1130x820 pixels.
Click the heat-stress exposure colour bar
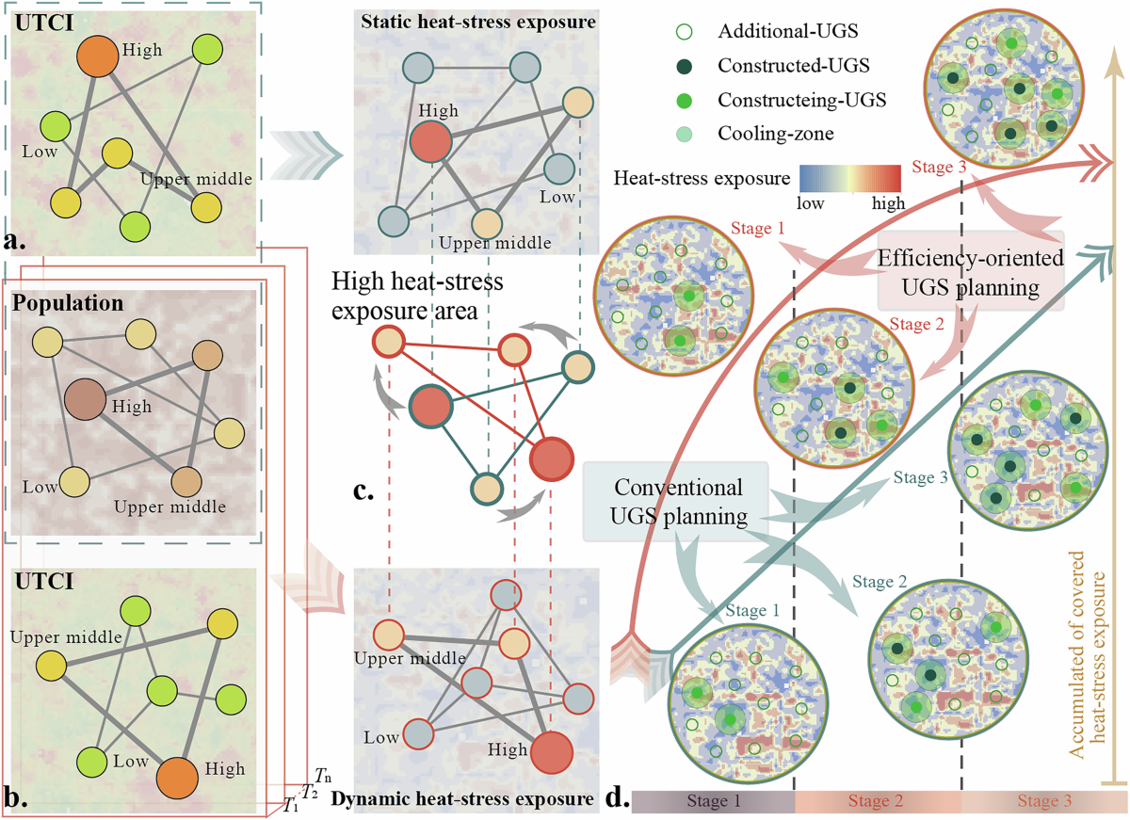[852, 179]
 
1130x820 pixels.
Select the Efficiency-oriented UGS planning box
[971, 270]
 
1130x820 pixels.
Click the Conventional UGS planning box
[677, 501]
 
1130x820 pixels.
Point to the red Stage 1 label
[757, 230]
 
